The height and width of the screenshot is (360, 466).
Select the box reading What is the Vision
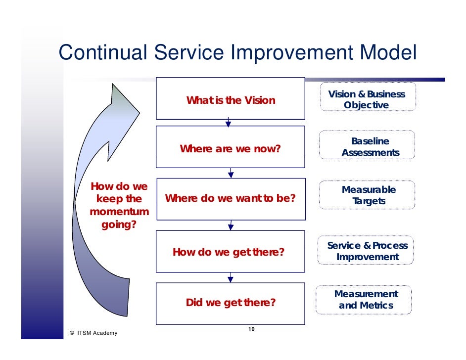point(231,98)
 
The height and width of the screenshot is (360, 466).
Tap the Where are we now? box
point(231,147)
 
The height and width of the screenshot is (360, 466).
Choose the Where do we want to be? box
point(231,199)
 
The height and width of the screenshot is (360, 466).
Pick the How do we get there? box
point(231,252)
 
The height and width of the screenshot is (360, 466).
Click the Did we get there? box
point(231,302)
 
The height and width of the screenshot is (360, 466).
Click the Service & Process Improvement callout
point(368,251)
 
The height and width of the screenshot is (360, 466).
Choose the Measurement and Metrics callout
point(366,300)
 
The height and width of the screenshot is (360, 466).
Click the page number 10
point(251,329)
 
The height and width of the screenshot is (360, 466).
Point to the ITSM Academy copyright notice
point(94,333)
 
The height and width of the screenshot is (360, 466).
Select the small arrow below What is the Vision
point(228,123)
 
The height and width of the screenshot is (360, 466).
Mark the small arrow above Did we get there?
point(231,278)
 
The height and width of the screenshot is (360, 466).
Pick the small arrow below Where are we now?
point(231,173)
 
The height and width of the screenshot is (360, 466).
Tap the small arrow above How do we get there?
point(231,226)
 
